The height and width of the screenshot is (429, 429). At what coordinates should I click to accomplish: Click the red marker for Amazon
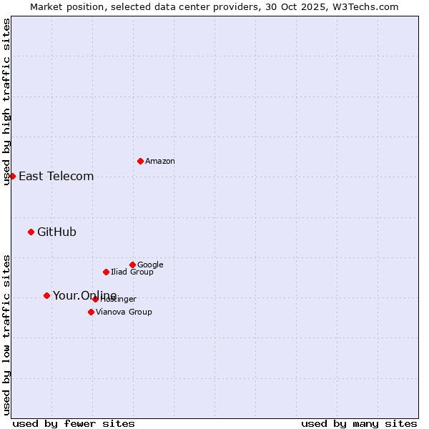pyautogui.click(x=140, y=161)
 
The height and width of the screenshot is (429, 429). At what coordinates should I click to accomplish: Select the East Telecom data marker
pyautogui.click(x=12, y=176)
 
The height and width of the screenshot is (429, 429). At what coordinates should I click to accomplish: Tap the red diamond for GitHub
pyautogui.click(x=31, y=232)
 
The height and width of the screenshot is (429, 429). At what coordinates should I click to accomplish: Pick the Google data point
pyautogui.click(x=132, y=265)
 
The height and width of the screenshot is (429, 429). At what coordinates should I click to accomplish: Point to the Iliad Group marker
pyautogui.click(x=106, y=272)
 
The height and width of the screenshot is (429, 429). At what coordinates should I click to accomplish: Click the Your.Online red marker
pyautogui.click(x=46, y=295)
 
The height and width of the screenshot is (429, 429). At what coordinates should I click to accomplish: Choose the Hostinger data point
pyautogui.click(x=95, y=299)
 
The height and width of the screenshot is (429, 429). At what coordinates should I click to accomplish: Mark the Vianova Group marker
pyautogui.click(x=91, y=312)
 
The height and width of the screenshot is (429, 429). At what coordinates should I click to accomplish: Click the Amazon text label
pyautogui.click(x=160, y=161)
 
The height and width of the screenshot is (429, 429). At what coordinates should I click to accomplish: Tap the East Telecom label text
pyautogui.click(x=56, y=177)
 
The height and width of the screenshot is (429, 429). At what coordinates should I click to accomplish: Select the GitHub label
pyautogui.click(x=56, y=232)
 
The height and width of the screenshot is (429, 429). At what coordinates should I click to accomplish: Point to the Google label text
pyautogui.click(x=150, y=265)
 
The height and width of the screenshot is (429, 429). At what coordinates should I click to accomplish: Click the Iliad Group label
pyautogui.click(x=132, y=272)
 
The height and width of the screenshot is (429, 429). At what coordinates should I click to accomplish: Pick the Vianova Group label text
pyautogui.click(x=124, y=312)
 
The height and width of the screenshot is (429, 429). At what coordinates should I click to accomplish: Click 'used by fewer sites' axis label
pyautogui.click(x=74, y=423)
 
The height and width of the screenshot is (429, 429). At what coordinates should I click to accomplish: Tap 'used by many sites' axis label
pyautogui.click(x=359, y=423)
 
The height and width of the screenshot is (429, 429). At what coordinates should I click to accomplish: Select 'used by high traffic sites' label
pyautogui.click(x=6, y=102)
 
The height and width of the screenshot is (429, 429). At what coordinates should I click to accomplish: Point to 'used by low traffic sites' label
pyautogui.click(x=6, y=334)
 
